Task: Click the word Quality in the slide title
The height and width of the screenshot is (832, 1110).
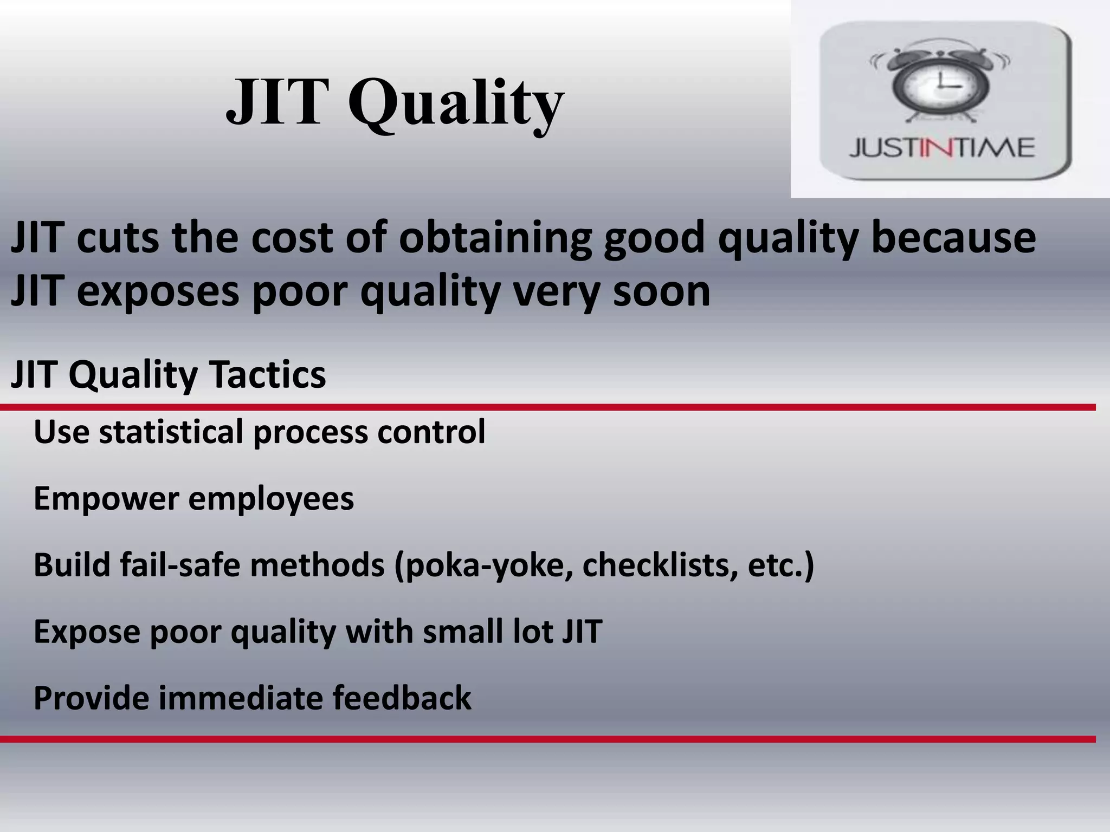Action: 455,103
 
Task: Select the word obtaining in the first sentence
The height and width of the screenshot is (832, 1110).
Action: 495,238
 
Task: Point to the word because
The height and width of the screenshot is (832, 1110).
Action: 953,238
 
